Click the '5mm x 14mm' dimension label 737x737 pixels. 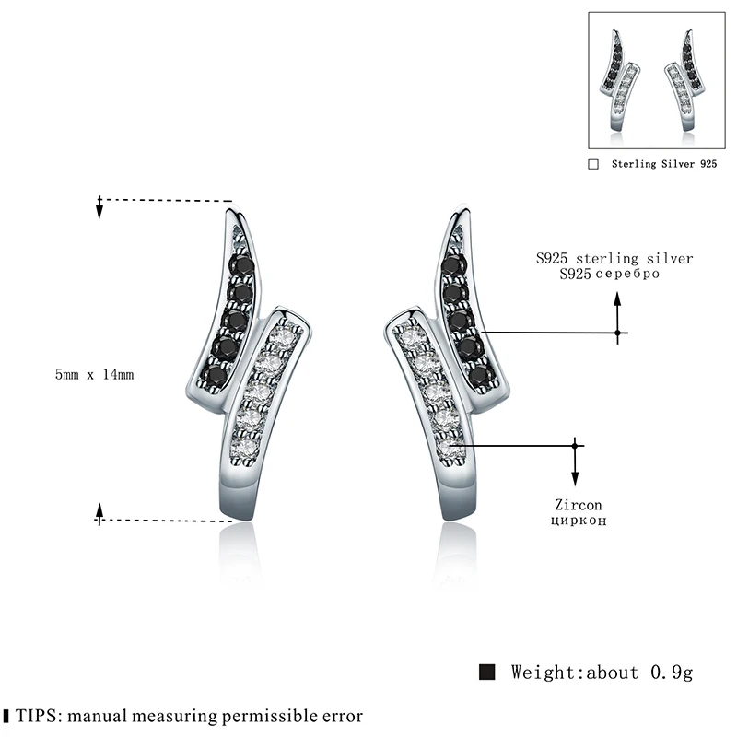tap(95, 375)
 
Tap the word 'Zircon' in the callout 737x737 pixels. tap(579, 505)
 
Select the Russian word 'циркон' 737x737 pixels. tap(579, 521)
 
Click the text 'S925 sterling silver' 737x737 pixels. tap(614, 259)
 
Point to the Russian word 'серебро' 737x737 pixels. tap(630, 275)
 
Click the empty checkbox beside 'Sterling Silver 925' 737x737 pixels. tap(593, 164)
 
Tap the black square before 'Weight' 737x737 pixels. tap(488, 671)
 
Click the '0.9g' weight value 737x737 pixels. tap(669, 672)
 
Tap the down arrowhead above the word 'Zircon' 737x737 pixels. tap(576, 479)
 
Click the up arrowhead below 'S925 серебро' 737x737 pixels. tap(618, 298)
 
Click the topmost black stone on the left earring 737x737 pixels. tap(244, 264)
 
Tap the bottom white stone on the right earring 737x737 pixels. tap(447, 448)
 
